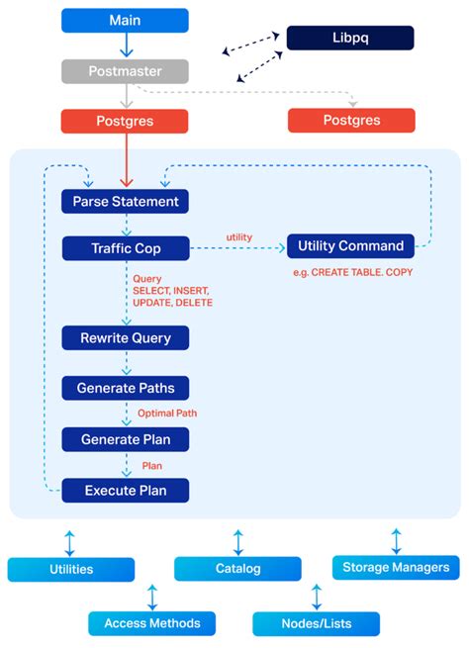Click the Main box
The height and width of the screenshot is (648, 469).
coord(125,20)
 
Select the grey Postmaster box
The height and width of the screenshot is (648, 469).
coord(125,71)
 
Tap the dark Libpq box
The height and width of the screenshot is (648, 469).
coord(350,38)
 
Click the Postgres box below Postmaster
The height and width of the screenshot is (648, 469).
coord(125,121)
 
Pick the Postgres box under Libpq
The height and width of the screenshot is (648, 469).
coord(351,121)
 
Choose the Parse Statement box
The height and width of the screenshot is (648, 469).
coord(125,201)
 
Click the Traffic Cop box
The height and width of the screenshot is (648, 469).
coord(125,248)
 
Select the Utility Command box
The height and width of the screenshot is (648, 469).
coord(350,245)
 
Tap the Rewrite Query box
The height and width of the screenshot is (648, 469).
coord(125,337)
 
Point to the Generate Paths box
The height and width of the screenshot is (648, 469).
coord(125,388)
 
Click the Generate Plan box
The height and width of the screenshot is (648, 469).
coord(125,439)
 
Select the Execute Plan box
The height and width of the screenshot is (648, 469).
coord(125,490)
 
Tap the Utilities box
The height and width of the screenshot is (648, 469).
coord(71,569)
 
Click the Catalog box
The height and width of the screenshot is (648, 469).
coord(237,569)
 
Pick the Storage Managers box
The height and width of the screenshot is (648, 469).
coord(396,567)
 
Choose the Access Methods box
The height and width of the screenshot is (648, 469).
coord(152,623)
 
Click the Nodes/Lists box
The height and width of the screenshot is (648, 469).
coord(316,623)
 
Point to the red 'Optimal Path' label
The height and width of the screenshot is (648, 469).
coord(164,414)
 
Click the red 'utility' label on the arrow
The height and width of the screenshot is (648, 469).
coord(239,238)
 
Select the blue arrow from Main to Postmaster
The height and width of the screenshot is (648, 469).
coord(125,46)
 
